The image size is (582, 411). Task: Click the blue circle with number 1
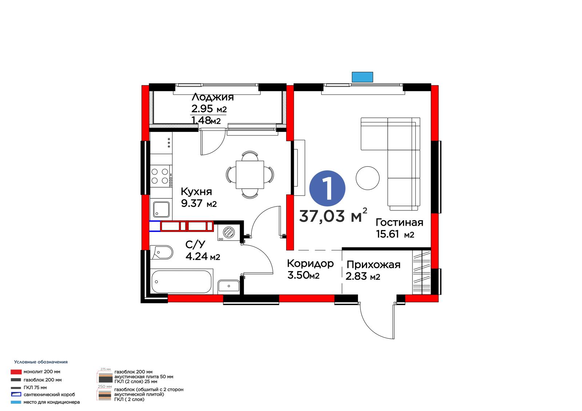(x=327, y=188)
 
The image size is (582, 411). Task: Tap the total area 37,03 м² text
(x=333, y=215)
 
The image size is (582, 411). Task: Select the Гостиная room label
(x=399, y=222)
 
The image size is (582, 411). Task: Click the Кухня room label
(x=196, y=192)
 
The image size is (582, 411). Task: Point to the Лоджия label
(x=212, y=97)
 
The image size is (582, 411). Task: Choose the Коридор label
(x=310, y=263)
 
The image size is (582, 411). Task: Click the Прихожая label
(x=373, y=265)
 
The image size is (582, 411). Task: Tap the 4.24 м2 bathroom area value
(x=203, y=257)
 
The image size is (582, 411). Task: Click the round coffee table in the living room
(x=367, y=178)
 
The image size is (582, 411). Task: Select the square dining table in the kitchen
(x=250, y=175)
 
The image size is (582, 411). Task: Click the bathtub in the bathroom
(x=182, y=282)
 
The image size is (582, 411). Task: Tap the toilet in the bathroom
(x=162, y=252)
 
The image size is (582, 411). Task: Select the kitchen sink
(x=161, y=210)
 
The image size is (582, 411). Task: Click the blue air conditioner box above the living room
(x=362, y=77)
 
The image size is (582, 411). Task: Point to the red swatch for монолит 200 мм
(x=16, y=372)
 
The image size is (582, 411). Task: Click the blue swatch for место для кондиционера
(x=16, y=402)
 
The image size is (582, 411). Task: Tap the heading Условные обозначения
(x=41, y=362)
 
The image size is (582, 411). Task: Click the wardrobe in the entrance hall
(x=422, y=272)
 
